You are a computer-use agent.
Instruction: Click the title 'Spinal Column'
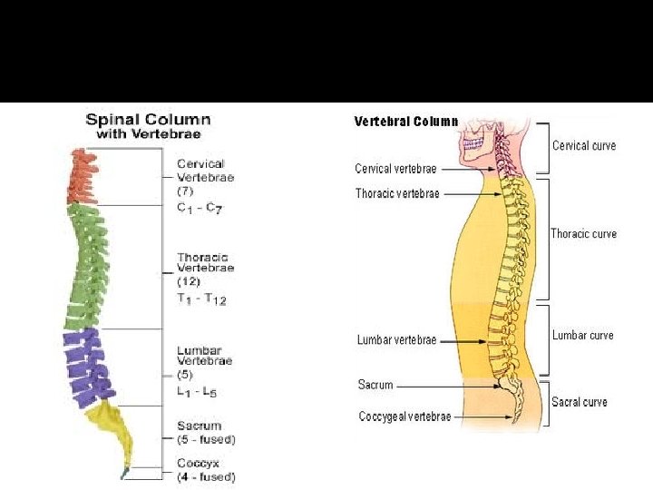pos(148,119)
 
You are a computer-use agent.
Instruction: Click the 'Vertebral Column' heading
pos(405,121)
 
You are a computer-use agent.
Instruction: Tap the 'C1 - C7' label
pos(200,208)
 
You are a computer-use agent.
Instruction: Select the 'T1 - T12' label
pos(201,299)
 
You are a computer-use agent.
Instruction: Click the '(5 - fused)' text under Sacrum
pos(206,440)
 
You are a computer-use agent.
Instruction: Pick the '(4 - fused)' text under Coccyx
pos(206,476)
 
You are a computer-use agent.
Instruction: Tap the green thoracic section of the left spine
pos(87,268)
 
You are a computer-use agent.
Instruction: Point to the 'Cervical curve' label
pos(584,145)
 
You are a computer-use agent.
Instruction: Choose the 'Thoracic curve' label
pos(583,233)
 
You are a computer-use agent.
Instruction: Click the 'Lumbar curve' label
pos(582,335)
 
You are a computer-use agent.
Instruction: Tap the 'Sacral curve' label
pos(580,402)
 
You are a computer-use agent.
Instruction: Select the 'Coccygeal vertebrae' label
pos(404,416)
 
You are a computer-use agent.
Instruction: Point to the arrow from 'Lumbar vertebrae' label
pos(463,340)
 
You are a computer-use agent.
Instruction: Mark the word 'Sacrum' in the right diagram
pos(375,385)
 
